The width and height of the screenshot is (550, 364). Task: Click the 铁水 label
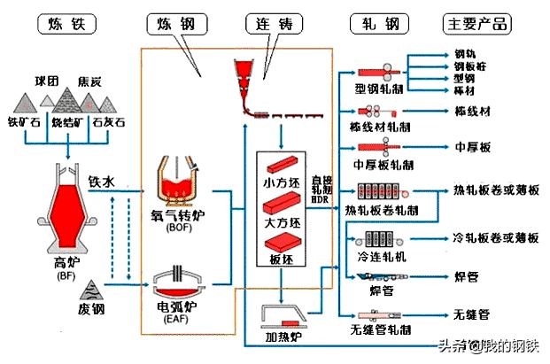coord(101,182)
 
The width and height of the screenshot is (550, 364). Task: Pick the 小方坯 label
coord(281,183)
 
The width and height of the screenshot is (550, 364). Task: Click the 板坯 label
coord(281,260)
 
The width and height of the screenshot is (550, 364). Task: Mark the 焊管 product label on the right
coord(466,277)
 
